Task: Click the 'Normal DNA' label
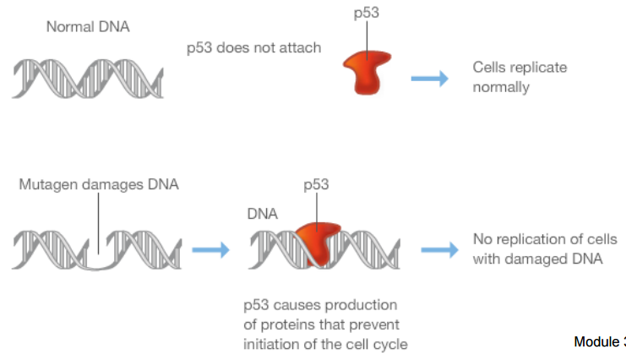click(x=88, y=27)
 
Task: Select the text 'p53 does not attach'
click(x=253, y=47)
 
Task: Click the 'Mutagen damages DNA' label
click(x=98, y=184)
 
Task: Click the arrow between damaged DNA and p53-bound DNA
click(x=211, y=249)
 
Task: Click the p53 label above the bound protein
click(x=316, y=183)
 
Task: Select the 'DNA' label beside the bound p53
click(x=263, y=214)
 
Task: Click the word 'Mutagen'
click(x=44, y=184)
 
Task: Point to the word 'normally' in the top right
click(x=502, y=86)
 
